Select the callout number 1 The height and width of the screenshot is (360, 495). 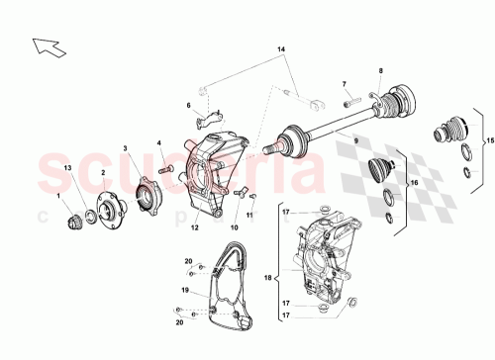click(57, 194)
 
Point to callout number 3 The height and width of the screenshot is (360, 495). click(126, 149)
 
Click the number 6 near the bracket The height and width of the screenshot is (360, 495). click(187, 105)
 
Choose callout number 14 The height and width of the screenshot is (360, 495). click(280, 48)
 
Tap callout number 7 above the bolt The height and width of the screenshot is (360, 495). click(345, 84)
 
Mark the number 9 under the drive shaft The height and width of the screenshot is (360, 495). click(344, 142)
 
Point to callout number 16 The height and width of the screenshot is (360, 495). click(414, 184)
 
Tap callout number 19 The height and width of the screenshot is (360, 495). click(184, 291)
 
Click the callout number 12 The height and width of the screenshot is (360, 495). click(195, 227)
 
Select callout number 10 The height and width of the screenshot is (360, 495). click(235, 228)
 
